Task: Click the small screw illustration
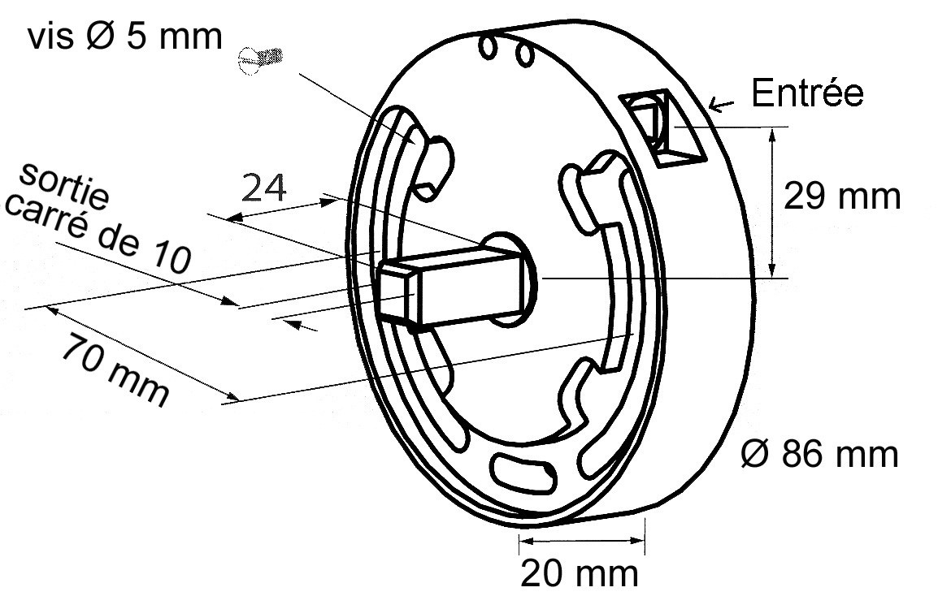point(260,58)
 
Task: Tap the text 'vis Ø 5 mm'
point(125,37)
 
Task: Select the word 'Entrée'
point(807,93)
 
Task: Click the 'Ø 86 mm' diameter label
point(819,454)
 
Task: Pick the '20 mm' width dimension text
point(579,574)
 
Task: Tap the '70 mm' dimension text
point(115,370)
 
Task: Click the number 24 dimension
point(264,188)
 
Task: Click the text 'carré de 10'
point(98,234)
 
